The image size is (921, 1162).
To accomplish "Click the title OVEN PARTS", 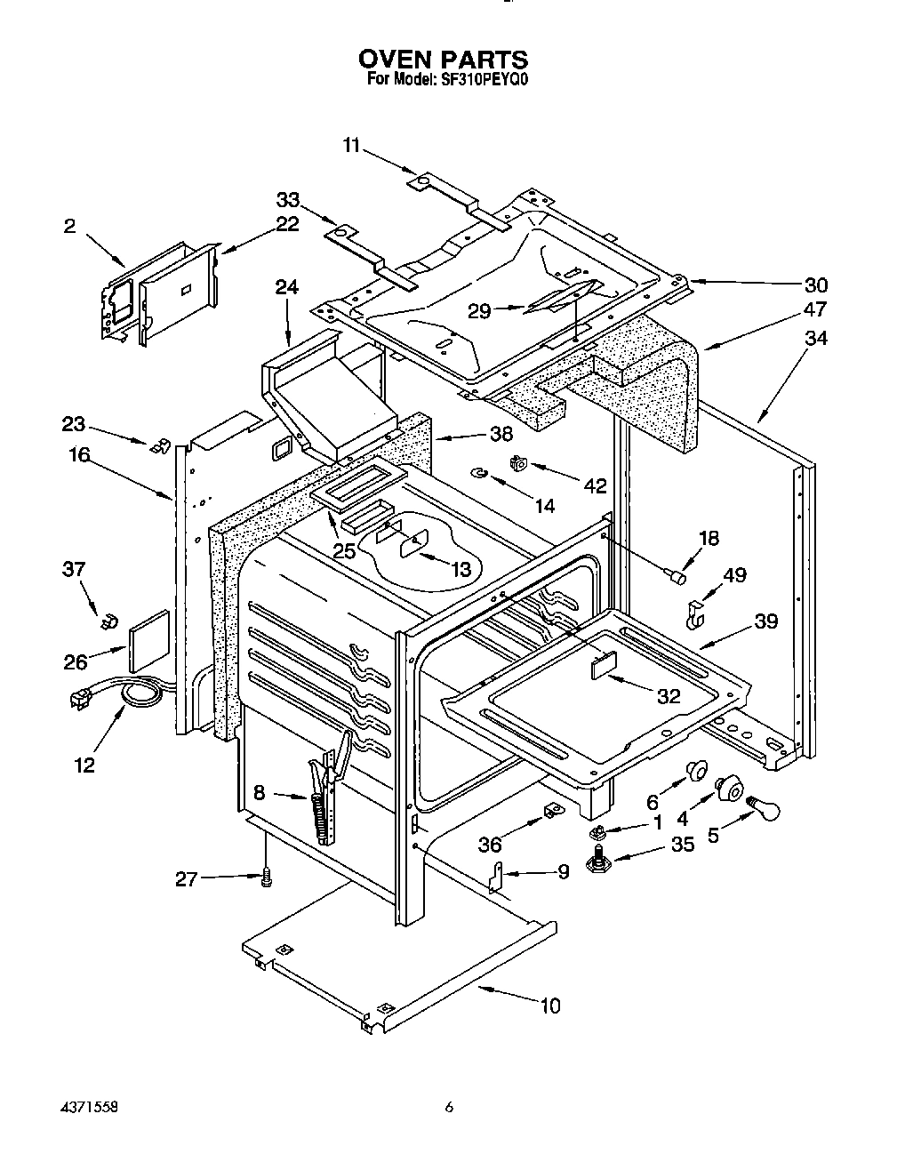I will pyautogui.click(x=443, y=60).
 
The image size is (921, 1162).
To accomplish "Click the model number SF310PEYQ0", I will pyautogui.click(x=480, y=78).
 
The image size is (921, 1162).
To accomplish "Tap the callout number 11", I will pyautogui.click(x=352, y=145).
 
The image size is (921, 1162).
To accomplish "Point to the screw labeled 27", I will pyautogui.click(x=265, y=878).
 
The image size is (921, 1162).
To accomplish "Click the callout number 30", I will pyautogui.click(x=815, y=284).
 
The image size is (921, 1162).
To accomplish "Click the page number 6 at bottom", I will pyautogui.click(x=450, y=1108).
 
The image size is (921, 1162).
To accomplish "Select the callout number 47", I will pyautogui.click(x=814, y=309).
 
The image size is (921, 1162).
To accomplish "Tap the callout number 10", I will pyautogui.click(x=550, y=1006).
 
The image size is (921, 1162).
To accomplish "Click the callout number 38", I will pyautogui.click(x=501, y=434).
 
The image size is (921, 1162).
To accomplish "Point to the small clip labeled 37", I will pyautogui.click(x=109, y=620).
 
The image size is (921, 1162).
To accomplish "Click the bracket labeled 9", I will pyautogui.click(x=497, y=877).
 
